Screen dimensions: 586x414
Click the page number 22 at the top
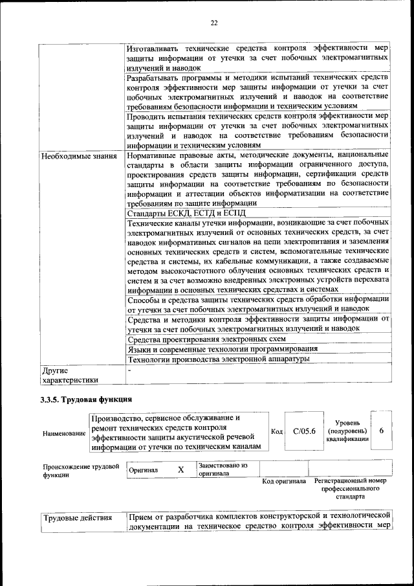pyautogui.click(x=214, y=23)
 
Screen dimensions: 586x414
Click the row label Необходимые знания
pyautogui.click(x=79, y=156)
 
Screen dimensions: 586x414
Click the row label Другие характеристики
pyautogui.click(x=69, y=376)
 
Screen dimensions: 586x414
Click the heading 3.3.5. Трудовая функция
pyautogui.click(x=86, y=399)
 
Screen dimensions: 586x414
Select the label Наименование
pyautogui.click(x=64, y=433)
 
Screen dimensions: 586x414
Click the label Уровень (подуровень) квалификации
pyautogui.click(x=347, y=431)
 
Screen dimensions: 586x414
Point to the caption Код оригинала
pyautogui.click(x=284, y=482)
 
